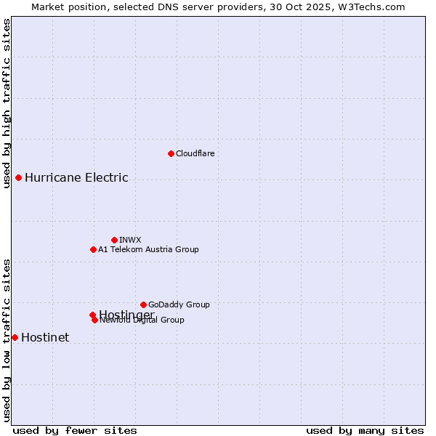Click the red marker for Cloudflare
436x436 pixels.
click(171, 153)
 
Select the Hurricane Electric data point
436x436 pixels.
click(18, 177)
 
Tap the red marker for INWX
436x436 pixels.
click(114, 240)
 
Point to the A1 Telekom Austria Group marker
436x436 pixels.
click(93, 249)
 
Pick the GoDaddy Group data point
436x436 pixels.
click(143, 304)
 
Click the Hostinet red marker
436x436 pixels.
click(15, 337)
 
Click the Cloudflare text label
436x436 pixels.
click(195, 153)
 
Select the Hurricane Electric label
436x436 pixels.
click(76, 177)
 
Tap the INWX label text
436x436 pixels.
click(130, 240)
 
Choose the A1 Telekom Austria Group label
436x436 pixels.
click(148, 249)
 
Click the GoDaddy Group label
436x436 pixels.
click(179, 304)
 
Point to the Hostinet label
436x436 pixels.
click(45, 337)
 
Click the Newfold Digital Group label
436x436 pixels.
click(142, 320)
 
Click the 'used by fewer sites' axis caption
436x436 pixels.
click(75, 431)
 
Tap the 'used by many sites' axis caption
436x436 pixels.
click(365, 431)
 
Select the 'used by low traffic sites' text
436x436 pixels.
click(7, 339)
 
